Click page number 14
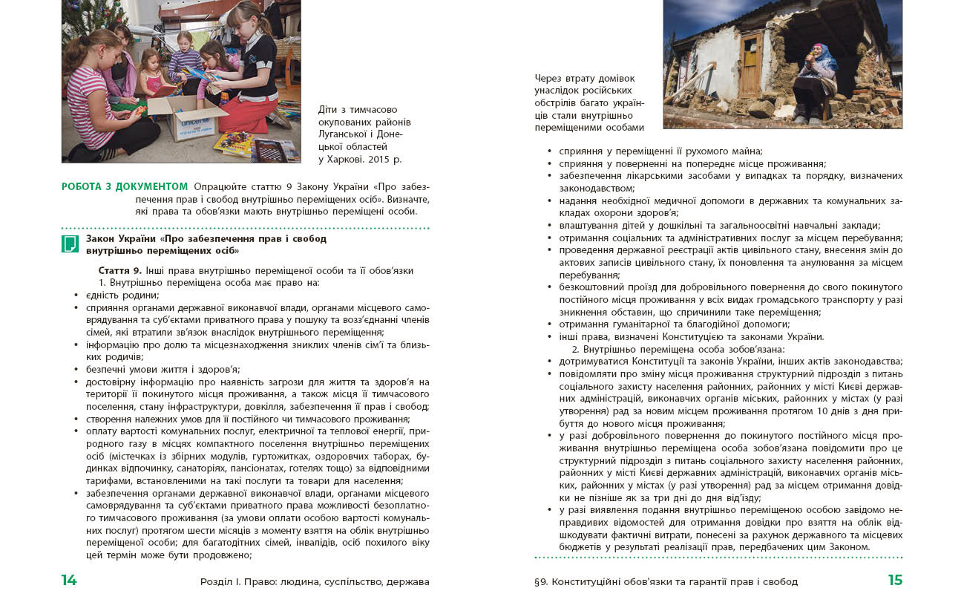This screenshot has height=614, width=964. pos(69,581)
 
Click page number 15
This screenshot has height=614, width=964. pos(895,581)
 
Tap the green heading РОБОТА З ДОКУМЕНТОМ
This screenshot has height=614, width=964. pos(125,186)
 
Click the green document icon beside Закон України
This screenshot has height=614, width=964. pos(70,244)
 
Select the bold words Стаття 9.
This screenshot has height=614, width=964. pos(120,270)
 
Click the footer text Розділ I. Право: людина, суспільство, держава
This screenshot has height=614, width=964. pos(315,581)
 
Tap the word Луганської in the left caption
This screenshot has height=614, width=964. pos(346,134)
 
